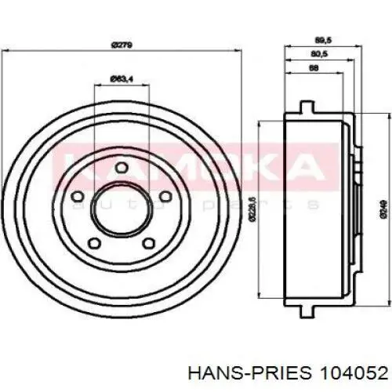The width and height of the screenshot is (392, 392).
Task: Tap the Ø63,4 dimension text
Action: click(x=121, y=78)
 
